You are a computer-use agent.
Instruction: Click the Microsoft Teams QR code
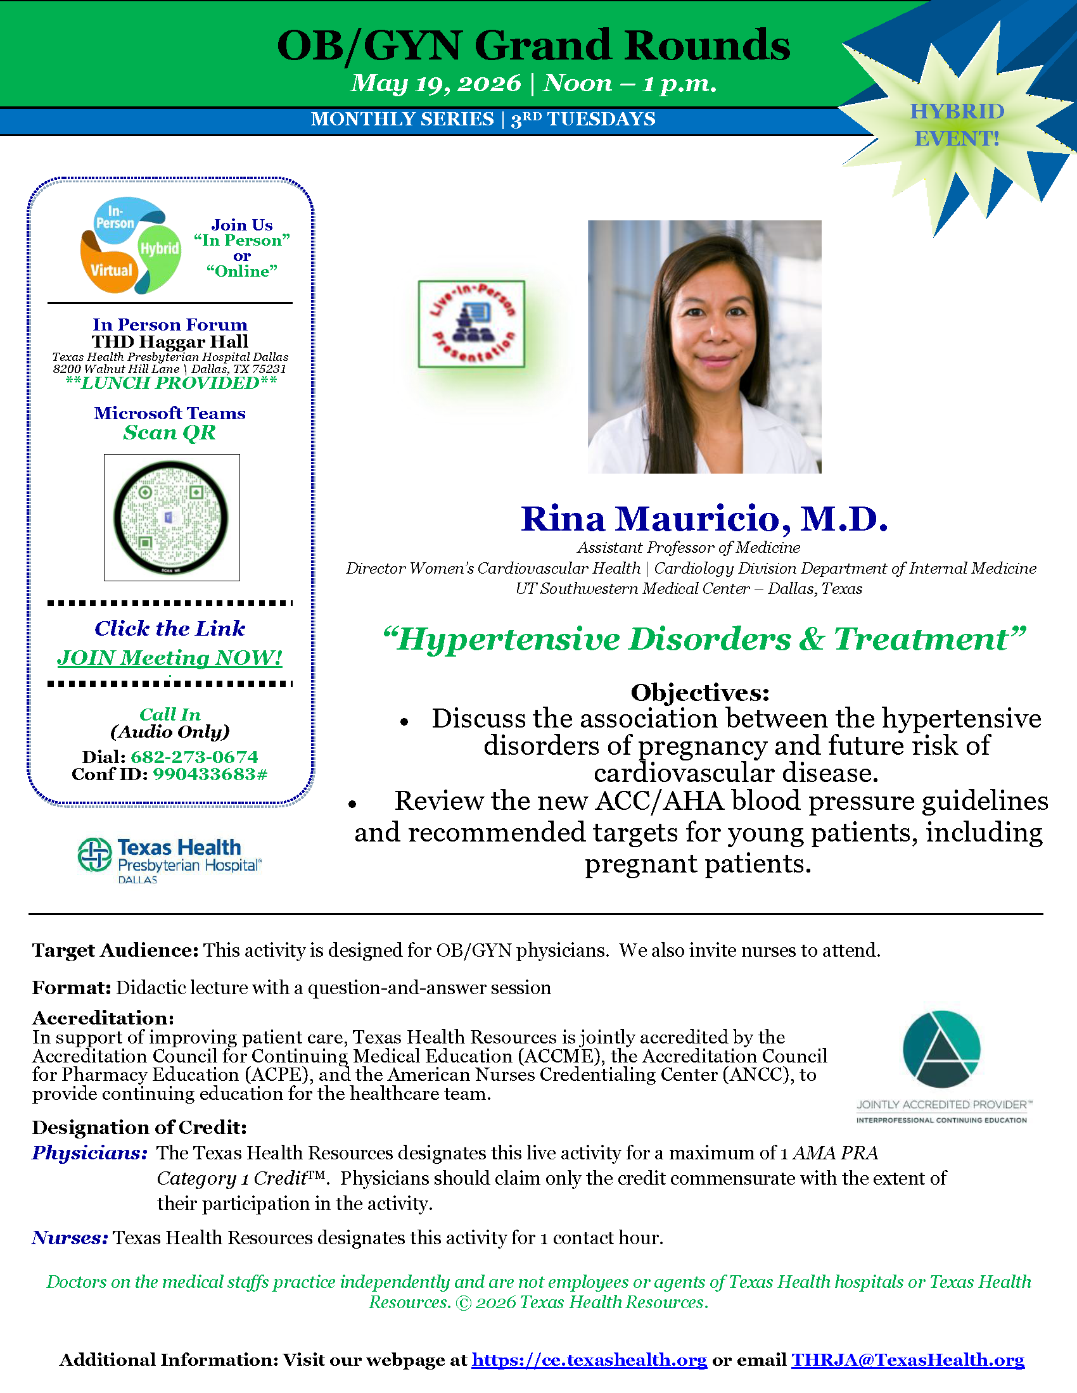(x=172, y=517)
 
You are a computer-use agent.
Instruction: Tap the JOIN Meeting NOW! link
(x=170, y=658)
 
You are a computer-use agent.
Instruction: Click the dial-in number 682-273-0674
(x=194, y=757)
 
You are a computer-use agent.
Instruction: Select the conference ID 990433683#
(x=210, y=774)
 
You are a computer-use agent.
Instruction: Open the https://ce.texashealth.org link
(x=590, y=1360)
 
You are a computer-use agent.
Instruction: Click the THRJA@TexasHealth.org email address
(x=908, y=1360)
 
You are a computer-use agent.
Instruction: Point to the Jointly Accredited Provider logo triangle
(x=941, y=1049)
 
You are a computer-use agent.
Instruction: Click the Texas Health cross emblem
(x=94, y=855)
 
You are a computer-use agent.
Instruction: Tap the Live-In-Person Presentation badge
(x=471, y=324)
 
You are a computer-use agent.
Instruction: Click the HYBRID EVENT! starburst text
(x=957, y=125)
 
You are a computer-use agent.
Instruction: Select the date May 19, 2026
(x=436, y=83)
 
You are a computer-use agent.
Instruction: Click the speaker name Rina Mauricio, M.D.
(x=704, y=518)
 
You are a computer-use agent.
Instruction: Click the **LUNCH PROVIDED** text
(x=171, y=382)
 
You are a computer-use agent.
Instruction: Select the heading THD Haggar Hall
(x=170, y=342)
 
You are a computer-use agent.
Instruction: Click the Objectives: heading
(x=700, y=692)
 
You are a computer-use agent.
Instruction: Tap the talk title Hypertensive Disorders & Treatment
(x=704, y=639)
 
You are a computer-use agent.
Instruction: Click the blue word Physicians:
(x=90, y=1153)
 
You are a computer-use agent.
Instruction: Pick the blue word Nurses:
(x=70, y=1238)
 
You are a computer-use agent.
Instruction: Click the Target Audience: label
(x=115, y=950)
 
